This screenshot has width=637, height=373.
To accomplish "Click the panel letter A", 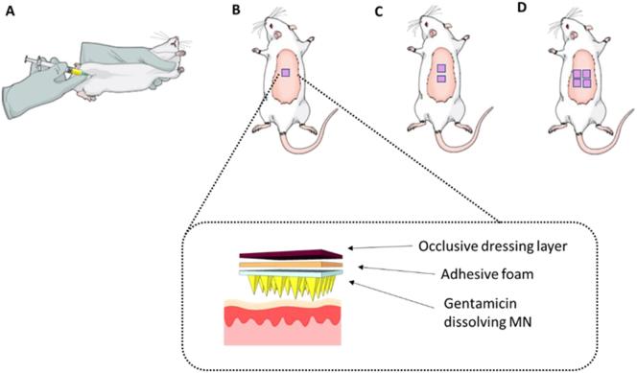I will [x=12, y=12].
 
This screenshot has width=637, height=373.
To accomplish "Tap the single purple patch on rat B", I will [x=284, y=74].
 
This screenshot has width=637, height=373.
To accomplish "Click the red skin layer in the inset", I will [x=278, y=321].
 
